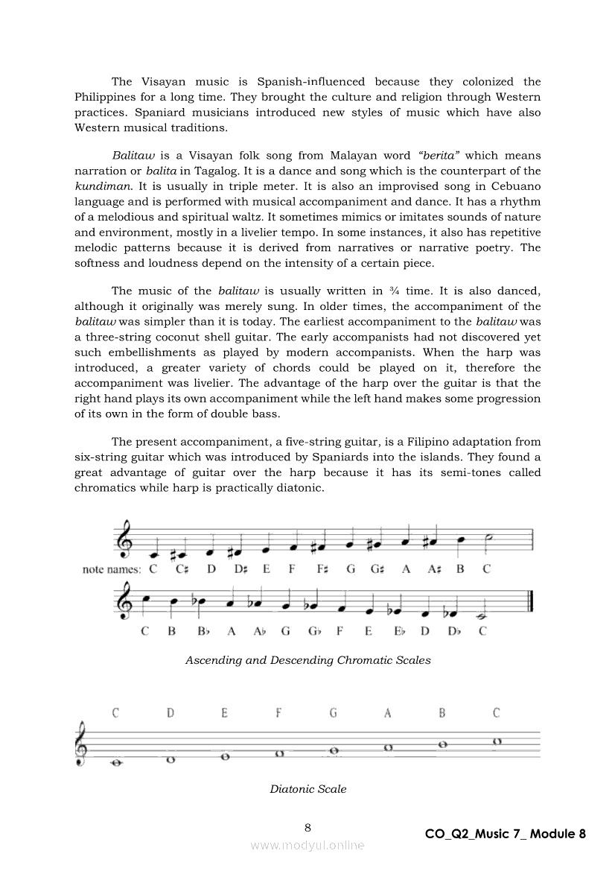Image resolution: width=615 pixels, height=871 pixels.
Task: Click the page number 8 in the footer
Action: coord(307,827)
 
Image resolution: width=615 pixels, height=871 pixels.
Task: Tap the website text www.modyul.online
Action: coord(307,845)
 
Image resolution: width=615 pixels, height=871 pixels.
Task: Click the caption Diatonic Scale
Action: coord(307,788)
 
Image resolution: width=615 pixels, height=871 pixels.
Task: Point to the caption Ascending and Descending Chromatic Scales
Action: coord(307,659)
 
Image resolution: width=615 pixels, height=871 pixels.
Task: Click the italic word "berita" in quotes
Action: coord(440,156)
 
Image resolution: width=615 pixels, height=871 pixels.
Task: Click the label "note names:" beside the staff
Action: coord(112,570)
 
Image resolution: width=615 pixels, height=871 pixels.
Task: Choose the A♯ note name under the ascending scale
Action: coord(434,570)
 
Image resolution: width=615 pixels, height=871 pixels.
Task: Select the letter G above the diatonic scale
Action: coord(334,713)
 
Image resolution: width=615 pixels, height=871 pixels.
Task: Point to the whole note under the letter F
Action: coord(280,753)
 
